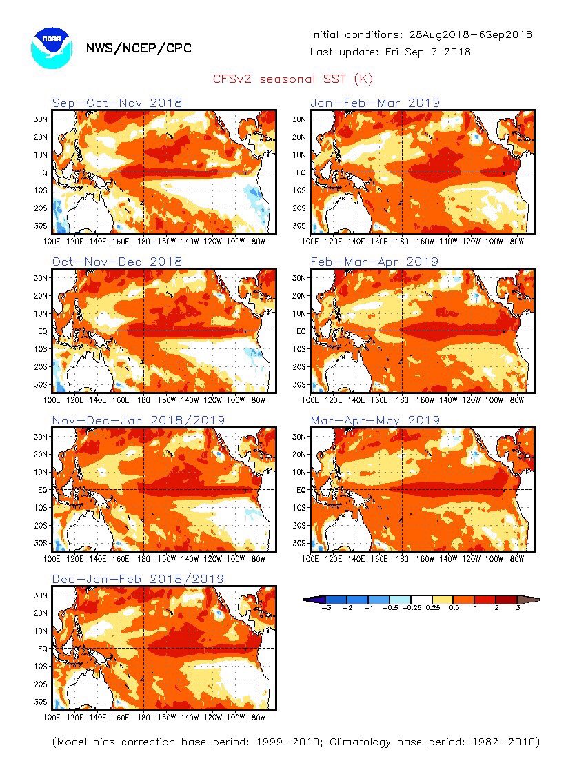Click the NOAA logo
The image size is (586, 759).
52,48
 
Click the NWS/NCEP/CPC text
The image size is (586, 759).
139,48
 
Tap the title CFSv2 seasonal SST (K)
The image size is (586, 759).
293,79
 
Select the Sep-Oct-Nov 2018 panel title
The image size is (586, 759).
117,103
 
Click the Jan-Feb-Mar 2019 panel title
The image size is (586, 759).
375,103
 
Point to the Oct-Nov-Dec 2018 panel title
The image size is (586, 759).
117,262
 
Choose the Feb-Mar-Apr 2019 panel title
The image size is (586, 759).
374,262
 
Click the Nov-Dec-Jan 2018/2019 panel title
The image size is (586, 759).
139,420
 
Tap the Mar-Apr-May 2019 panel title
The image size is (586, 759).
375,420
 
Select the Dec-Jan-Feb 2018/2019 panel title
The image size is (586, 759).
139,579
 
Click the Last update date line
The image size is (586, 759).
390,52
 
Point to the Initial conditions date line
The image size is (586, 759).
421,35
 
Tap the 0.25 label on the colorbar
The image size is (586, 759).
433,608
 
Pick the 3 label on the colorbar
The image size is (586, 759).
518,608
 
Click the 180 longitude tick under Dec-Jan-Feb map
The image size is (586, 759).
143,718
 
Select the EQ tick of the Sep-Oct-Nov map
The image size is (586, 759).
43,172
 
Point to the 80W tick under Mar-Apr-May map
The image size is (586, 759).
517,559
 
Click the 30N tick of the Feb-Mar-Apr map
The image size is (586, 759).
299,278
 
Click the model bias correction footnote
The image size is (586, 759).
296,742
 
